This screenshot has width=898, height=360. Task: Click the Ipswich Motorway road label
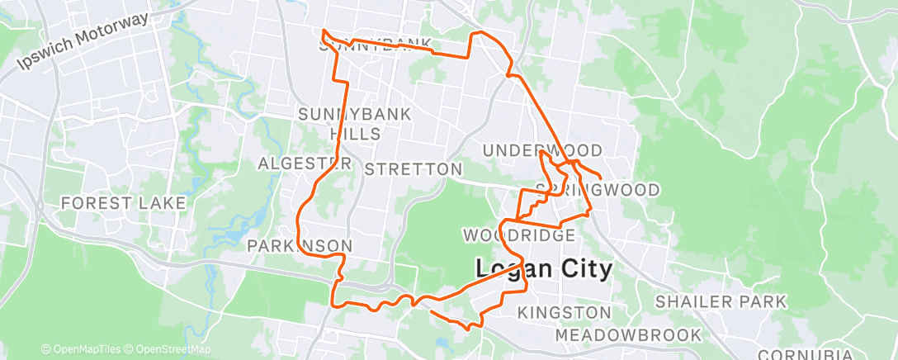click(x=82, y=41)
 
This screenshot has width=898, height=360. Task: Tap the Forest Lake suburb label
click(x=123, y=202)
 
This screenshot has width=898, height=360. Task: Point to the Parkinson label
click(x=301, y=246)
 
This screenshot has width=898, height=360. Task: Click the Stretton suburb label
click(x=413, y=169)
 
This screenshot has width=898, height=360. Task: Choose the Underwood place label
click(x=542, y=150)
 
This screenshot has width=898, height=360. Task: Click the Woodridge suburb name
click(x=518, y=236)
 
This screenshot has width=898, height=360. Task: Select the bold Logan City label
click(x=544, y=269)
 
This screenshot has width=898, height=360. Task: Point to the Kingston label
click(x=565, y=313)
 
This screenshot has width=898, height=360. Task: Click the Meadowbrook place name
click(x=628, y=335)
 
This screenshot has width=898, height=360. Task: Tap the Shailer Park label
click(x=721, y=302)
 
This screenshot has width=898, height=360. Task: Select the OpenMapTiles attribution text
click(x=83, y=349)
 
